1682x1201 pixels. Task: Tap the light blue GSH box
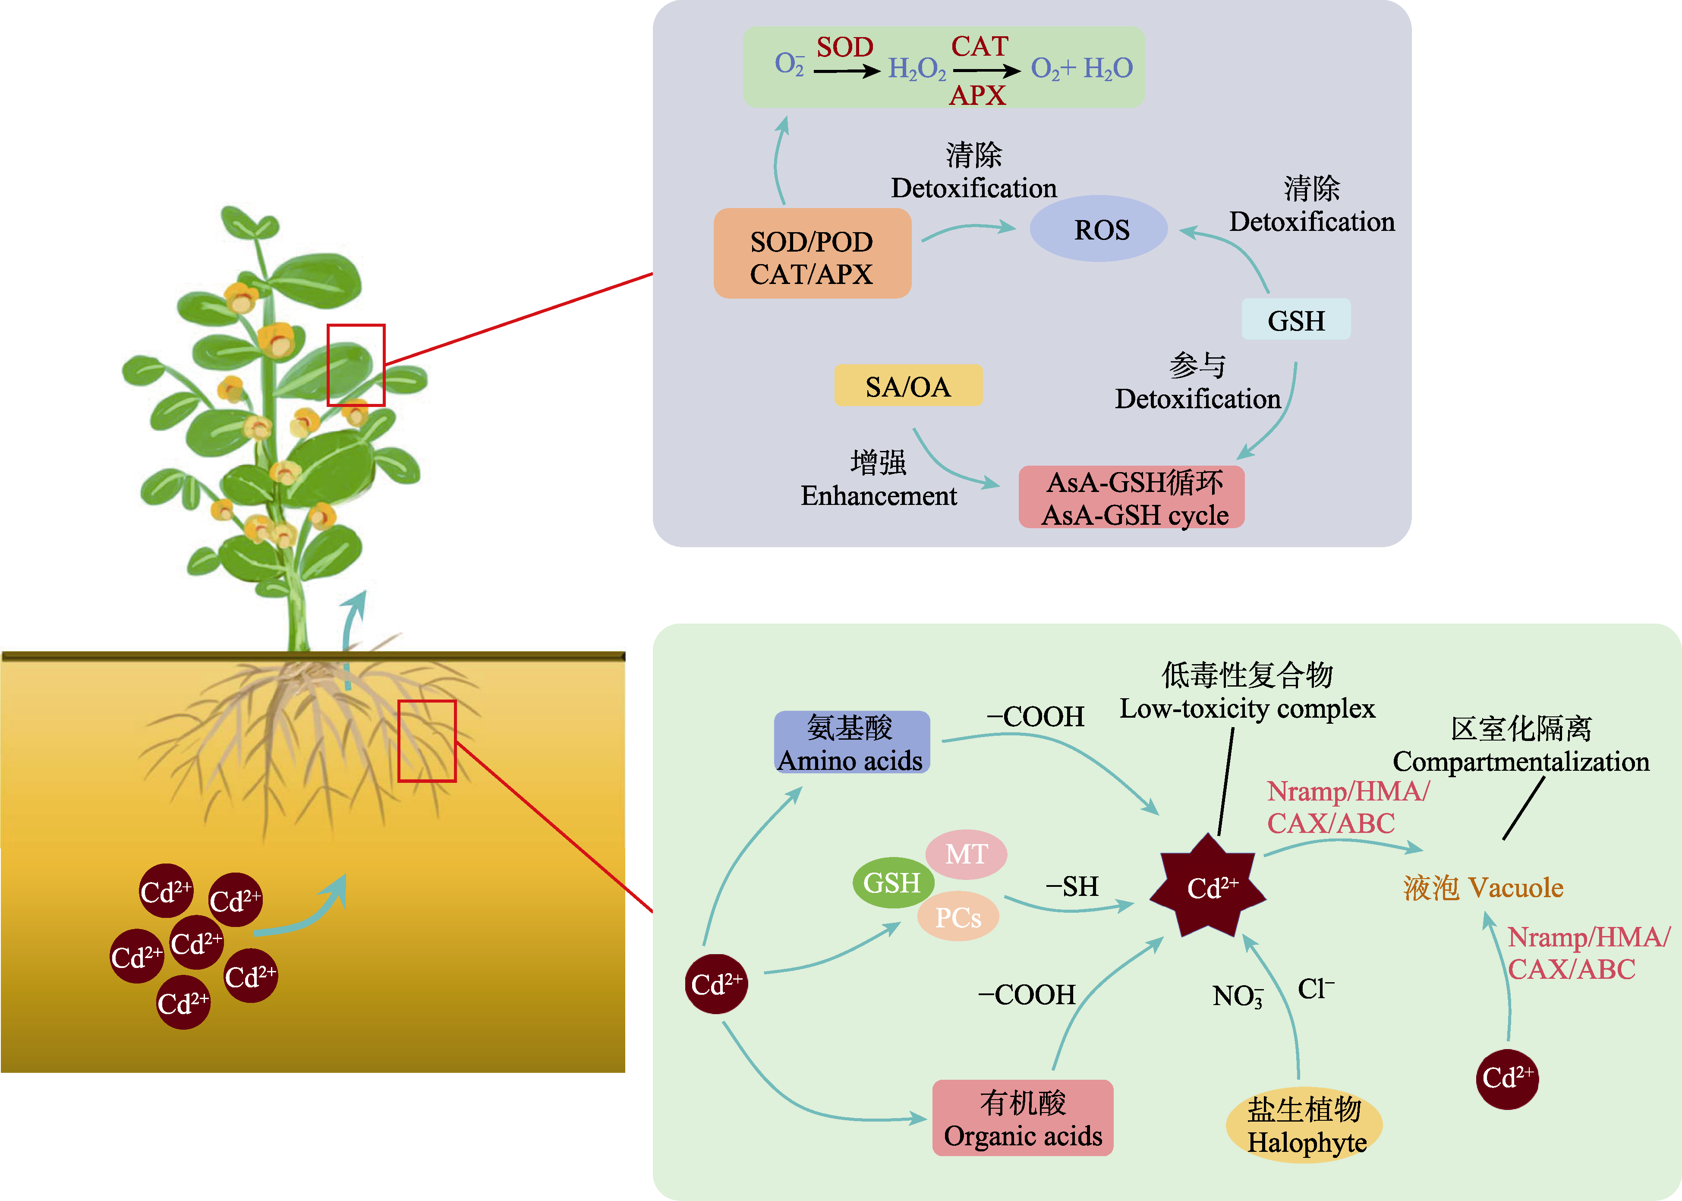[1296, 319]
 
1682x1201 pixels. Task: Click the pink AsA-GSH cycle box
[1131, 497]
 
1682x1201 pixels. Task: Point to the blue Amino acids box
[852, 743]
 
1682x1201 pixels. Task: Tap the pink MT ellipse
[966, 854]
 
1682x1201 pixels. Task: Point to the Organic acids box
[1023, 1117]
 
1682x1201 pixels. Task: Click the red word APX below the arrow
[977, 95]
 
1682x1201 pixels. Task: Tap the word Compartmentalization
[1521, 762]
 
